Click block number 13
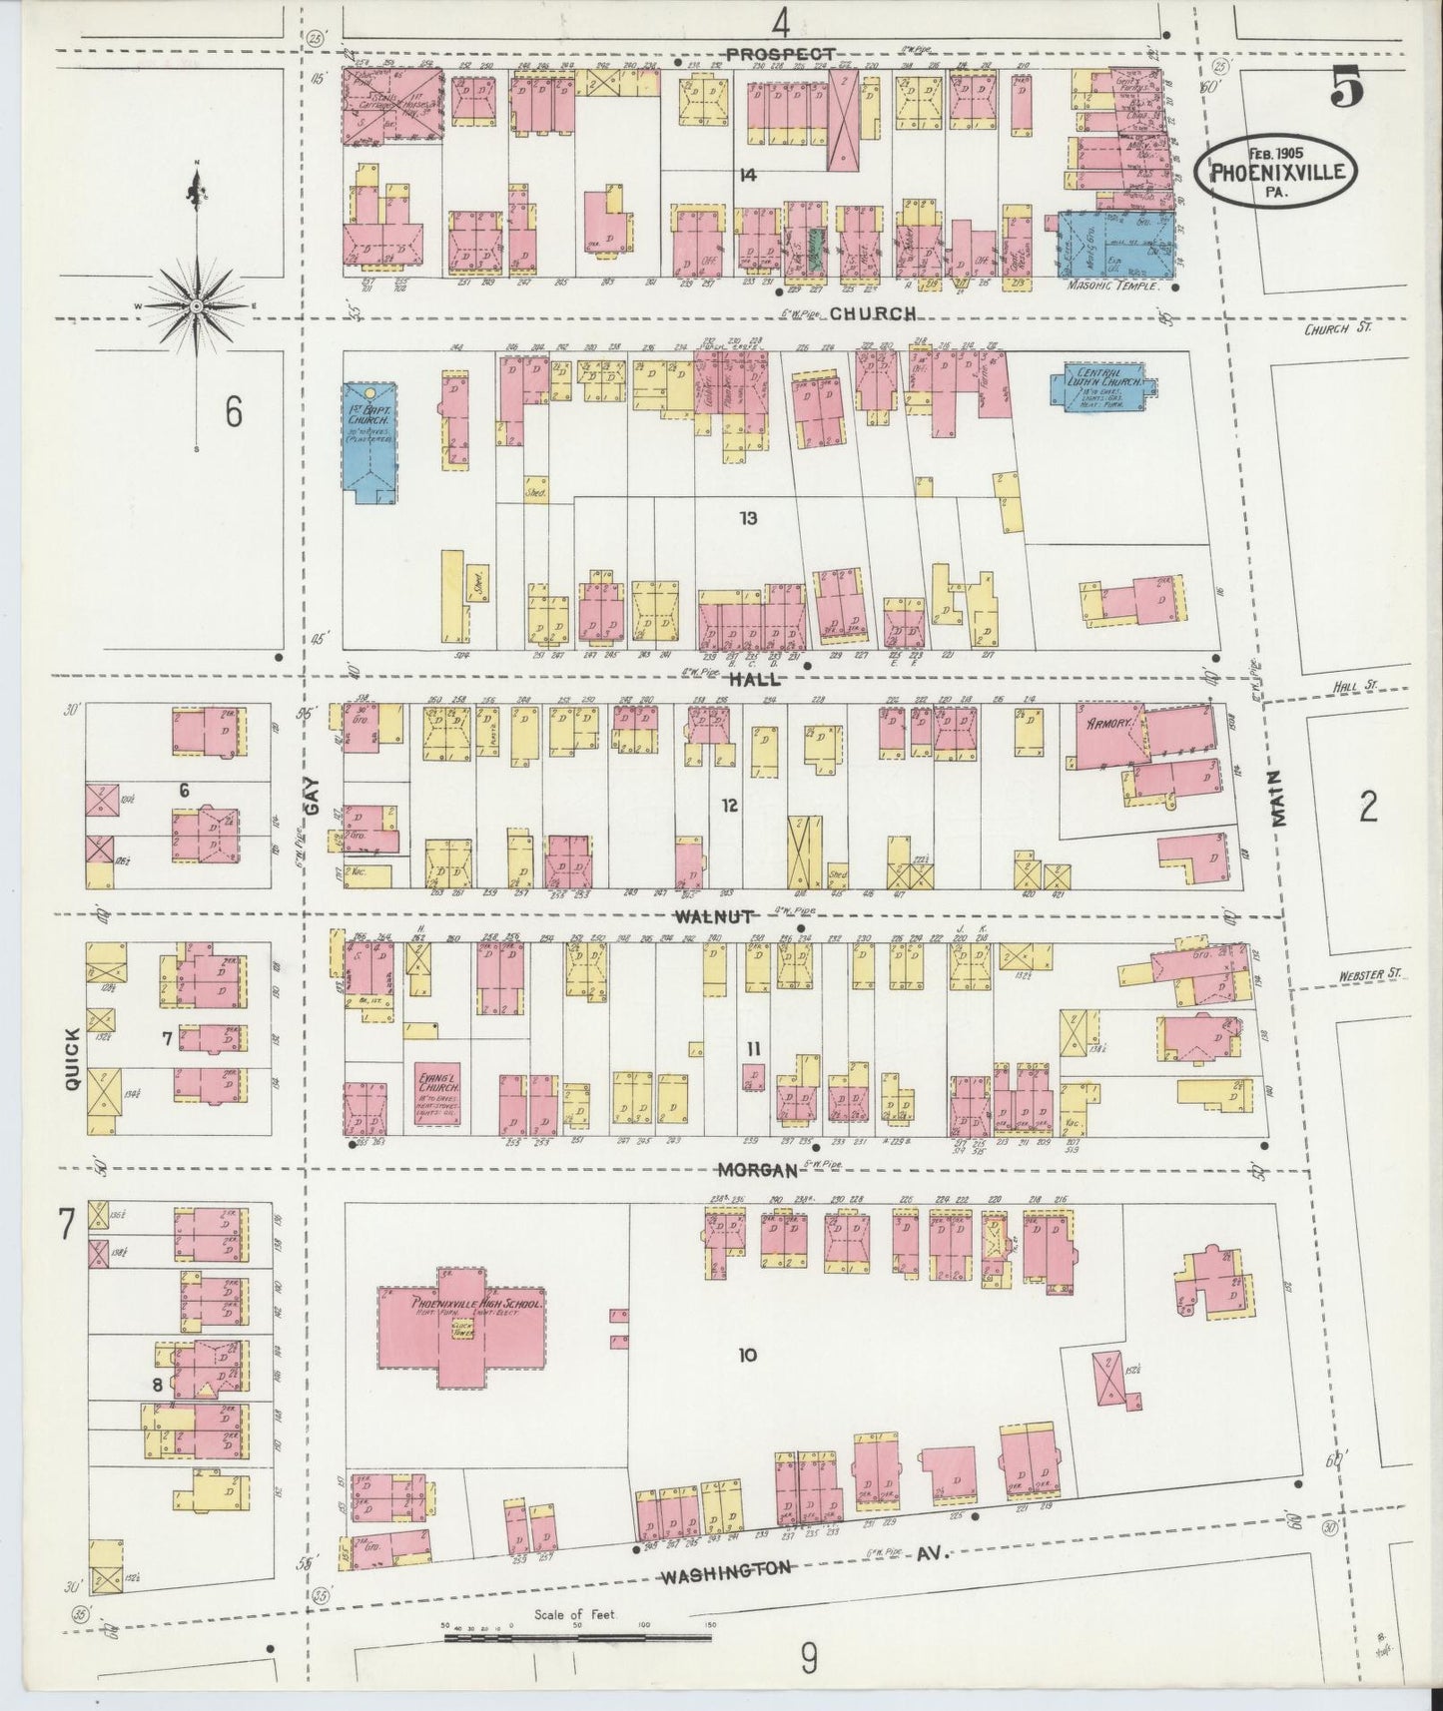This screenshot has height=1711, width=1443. (748, 518)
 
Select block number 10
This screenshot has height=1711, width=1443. (747, 1355)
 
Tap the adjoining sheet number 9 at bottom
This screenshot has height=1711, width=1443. (808, 1660)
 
